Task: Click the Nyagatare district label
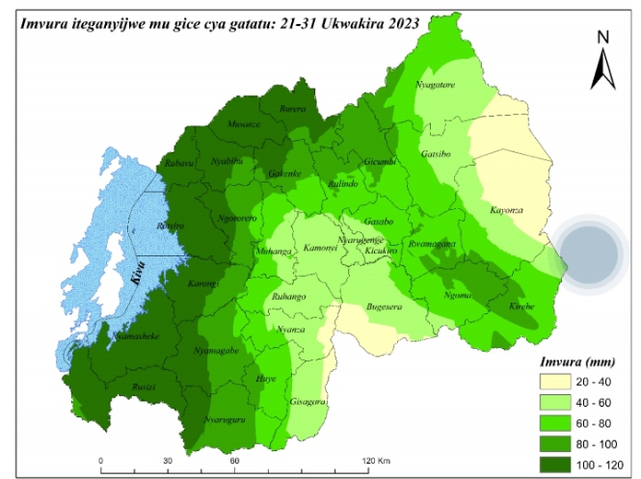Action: tap(434, 85)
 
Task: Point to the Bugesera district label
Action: tap(384, 307)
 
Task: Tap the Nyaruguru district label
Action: tap(224, 419)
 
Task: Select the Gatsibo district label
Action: tap(436, 154)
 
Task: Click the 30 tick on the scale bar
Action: tap(168, 461)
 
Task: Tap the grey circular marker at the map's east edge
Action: tap(589, 254)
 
